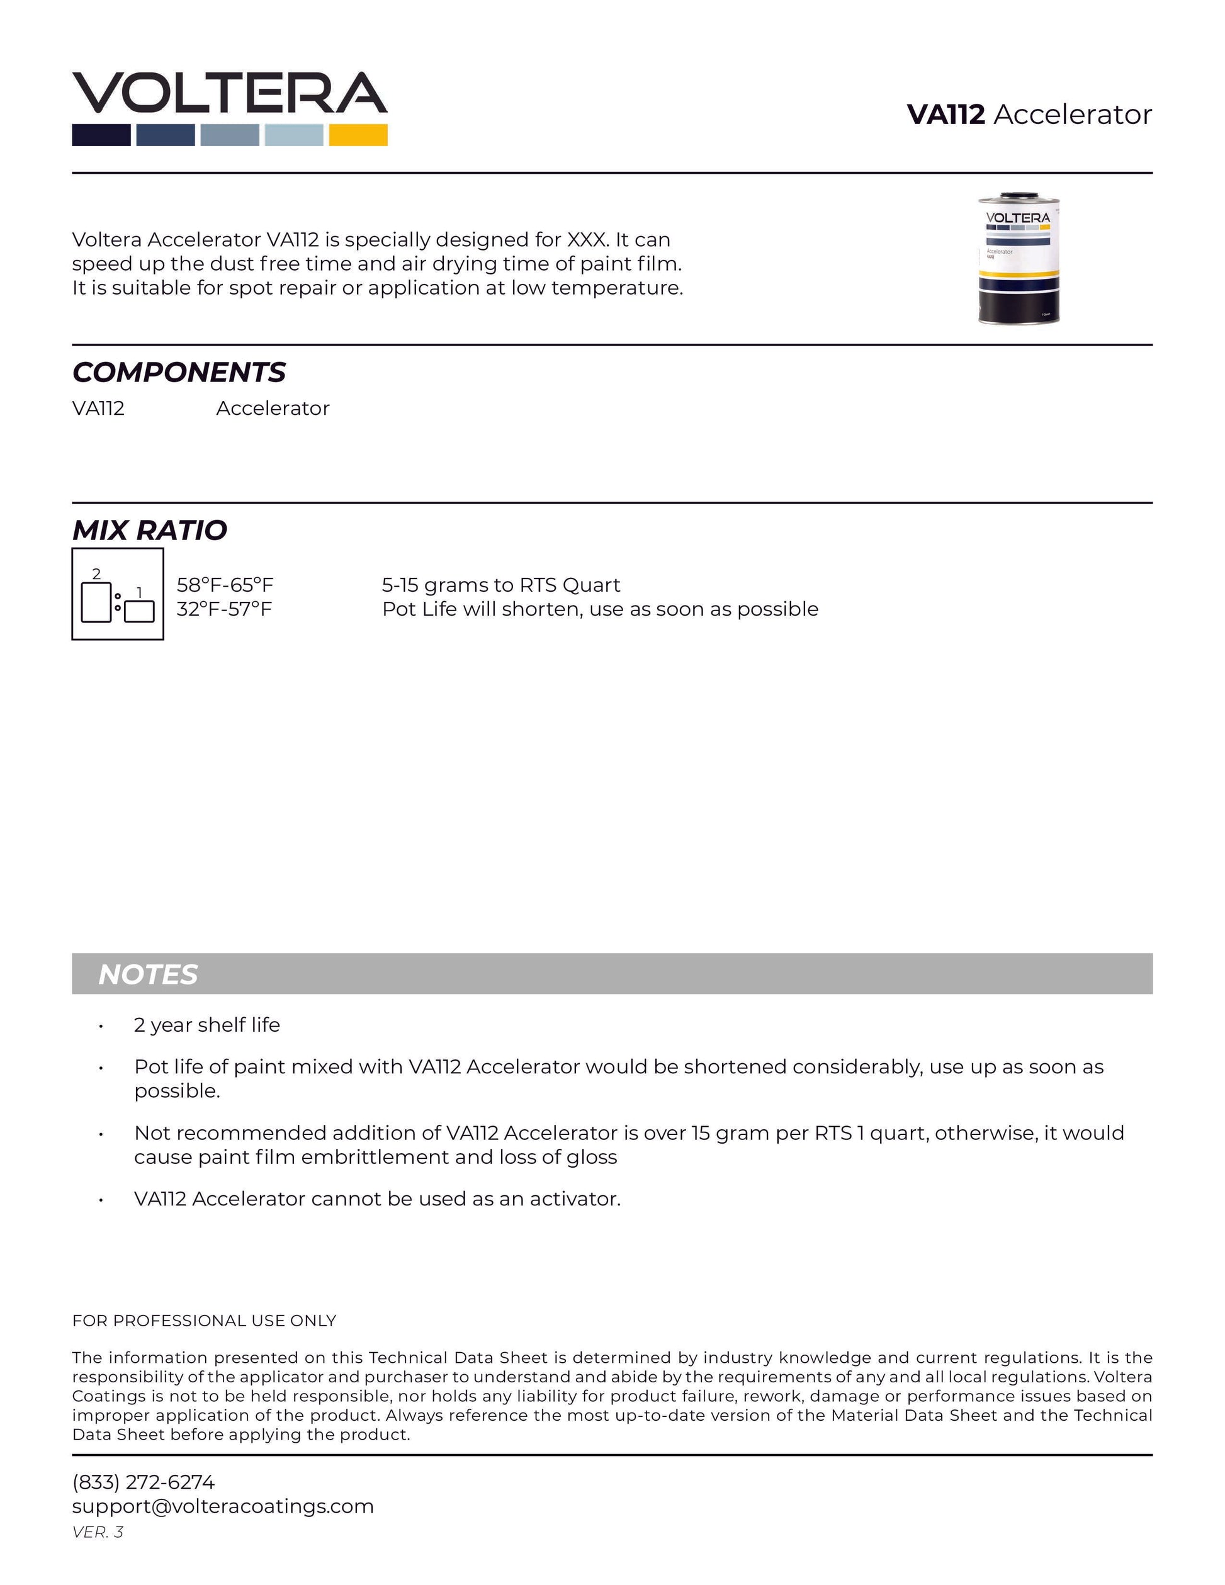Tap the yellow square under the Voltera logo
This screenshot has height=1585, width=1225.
click(358, 135)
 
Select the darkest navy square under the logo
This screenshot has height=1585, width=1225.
click(101, 135)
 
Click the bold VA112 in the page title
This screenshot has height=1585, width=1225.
click(946, 115)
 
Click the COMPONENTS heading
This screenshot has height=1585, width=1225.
click(179, 372)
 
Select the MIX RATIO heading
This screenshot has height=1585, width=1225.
click(149, 531)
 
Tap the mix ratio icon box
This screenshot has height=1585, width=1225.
click(118, 594)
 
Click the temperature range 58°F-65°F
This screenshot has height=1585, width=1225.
click(225, 585)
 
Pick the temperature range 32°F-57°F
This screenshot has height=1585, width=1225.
click(224, 609)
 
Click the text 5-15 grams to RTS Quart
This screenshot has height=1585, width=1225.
click(500, 585)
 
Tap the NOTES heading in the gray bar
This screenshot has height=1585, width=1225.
click(148, 974)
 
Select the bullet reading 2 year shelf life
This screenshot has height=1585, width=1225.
click(207, 1025)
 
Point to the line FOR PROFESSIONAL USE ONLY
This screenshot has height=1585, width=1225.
click(204, 1320)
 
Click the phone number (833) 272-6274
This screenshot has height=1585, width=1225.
click(144, 1482)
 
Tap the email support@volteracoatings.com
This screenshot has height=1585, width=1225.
click(223, 1506)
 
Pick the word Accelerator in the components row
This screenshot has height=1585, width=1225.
click(273, 409)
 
